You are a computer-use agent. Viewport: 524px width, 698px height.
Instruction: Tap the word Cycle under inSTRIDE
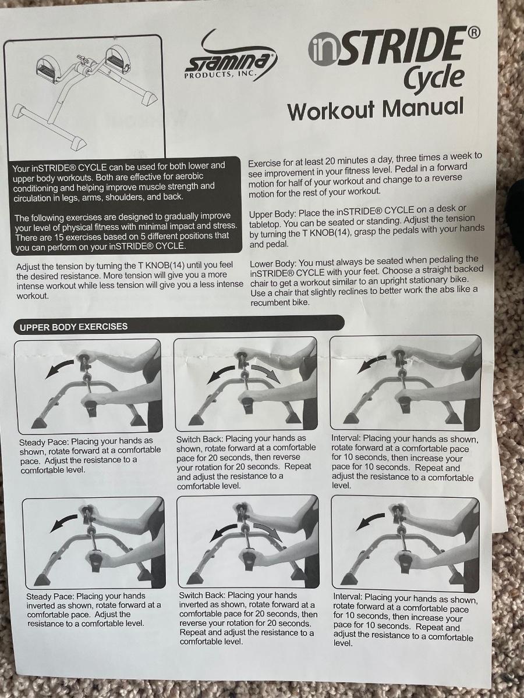pyautogui.click(x=434, y=79)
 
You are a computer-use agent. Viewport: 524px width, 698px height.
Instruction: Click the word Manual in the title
pyautogui.click(x=423, y=108)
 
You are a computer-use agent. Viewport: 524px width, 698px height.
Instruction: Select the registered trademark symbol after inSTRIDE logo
pyautogui.click(x=473, y=33)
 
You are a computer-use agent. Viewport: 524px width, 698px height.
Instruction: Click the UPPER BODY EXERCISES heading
pyautogui.click(x=73, y=327)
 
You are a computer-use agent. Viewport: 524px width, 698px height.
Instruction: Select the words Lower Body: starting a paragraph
pyautogui.click(x=273, y=264)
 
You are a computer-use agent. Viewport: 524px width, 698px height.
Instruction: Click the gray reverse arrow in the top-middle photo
pyautogui.click(x=266, y=374)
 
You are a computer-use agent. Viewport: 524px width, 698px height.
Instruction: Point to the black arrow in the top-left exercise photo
pyautogui.click(x=60, y=369)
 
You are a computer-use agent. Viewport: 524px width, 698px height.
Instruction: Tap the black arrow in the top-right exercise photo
pyautogui.click(x=372, y=365)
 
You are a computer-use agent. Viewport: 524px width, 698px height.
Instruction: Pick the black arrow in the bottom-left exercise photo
pyautogui.click(x=63, y=523)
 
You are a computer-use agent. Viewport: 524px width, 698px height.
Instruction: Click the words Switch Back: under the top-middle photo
pyautogui.click(x=200, y=439)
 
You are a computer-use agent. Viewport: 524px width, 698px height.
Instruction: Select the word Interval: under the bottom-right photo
pyautogui.click(x=348, y=596)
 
